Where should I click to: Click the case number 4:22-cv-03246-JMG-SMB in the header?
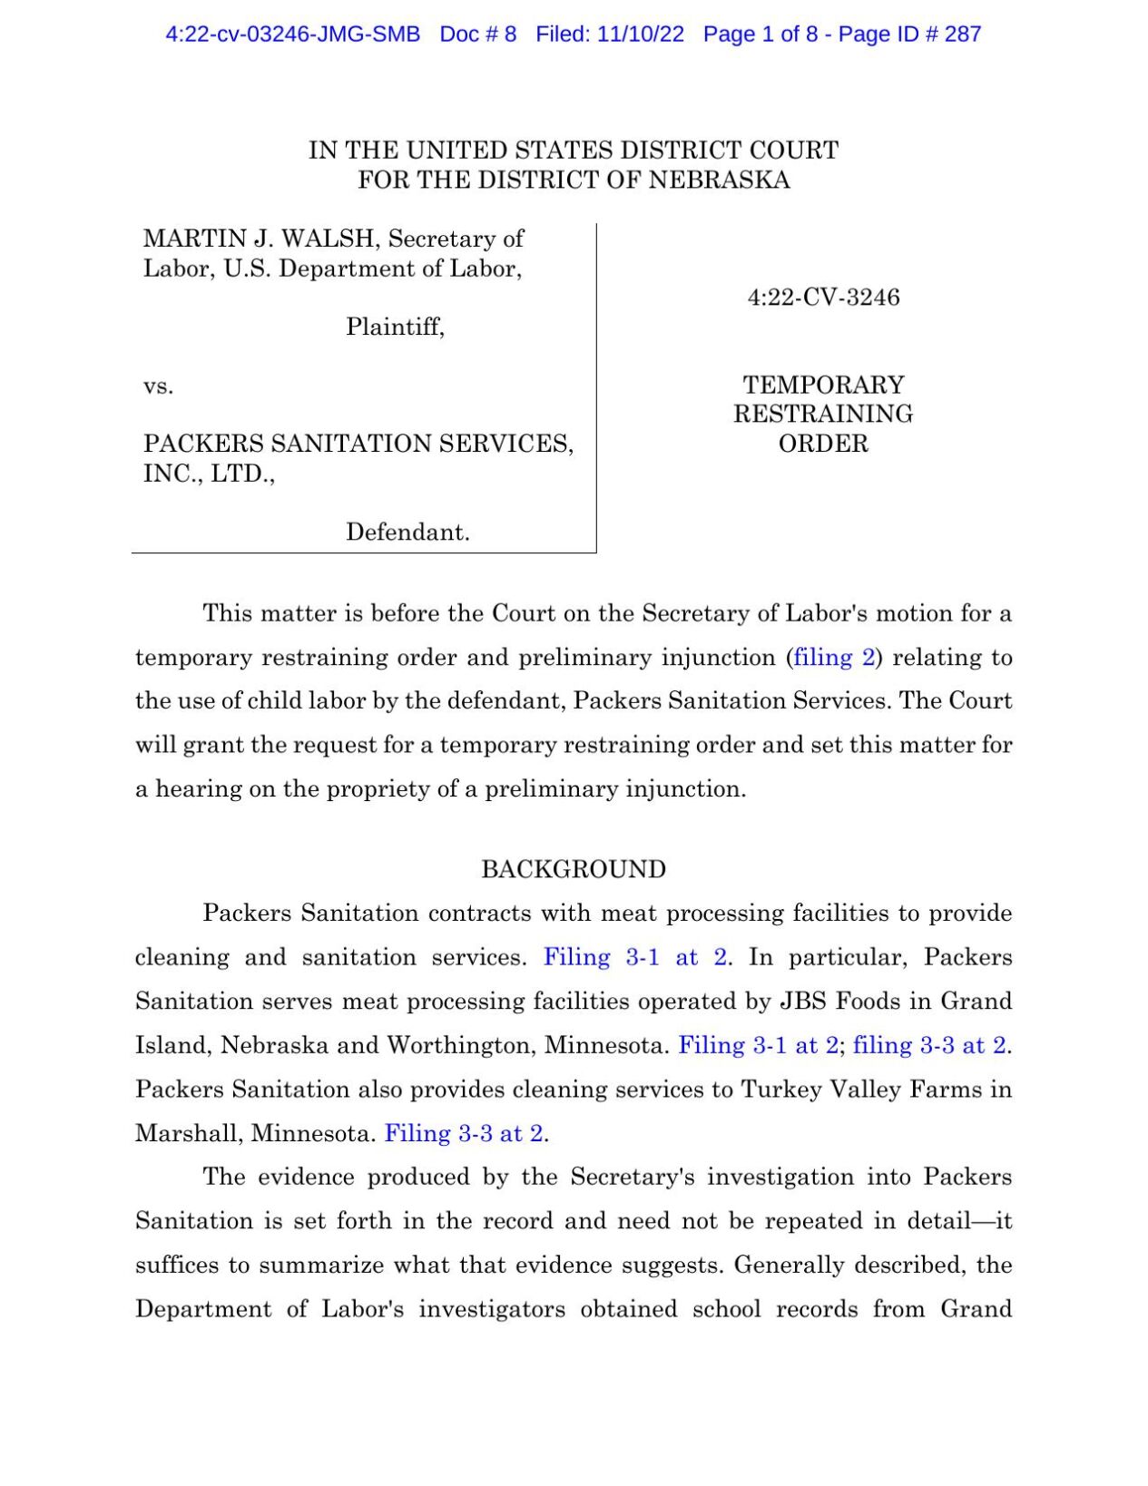tap(292, 34)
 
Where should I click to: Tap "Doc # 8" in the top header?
tap(477, 34)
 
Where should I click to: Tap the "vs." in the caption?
tap(158, 386)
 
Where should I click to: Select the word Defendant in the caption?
tap(407, 532)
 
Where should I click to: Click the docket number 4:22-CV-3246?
tap(823, 298)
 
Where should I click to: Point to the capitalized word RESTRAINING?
tap(823, 414)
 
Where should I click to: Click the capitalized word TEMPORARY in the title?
tap(823, 385)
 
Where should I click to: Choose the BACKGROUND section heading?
tap(574, 869)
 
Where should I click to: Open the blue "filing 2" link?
tap(834, 657)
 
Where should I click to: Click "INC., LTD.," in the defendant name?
tap(209, 474)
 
